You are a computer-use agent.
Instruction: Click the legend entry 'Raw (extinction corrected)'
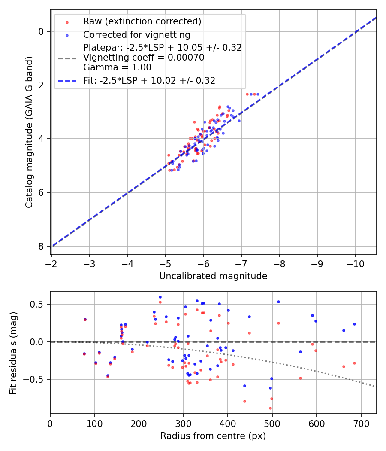pyautogui.click(x=142, y=21)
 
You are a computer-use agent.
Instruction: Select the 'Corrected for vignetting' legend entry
pyautogui.click(x=136, y=34)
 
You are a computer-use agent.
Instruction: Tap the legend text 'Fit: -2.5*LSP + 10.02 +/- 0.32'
pyautogui.click(x=149, y=80)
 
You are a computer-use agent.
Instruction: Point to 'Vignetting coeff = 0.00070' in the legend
pyautogui.click(x=144, y=57)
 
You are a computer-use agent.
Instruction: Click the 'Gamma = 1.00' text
pyautogui.click(x=117, y=67)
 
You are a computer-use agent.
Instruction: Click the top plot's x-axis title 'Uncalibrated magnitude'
pyautogui.click(x=213, y=276)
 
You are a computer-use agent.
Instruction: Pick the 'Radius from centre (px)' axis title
pyautogui.click(x=213, y=436)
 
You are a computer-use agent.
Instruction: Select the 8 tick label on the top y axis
pyautogui.click(x=41, y=246)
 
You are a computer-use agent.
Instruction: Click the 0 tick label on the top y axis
pyautogui.click(x=41, y=31)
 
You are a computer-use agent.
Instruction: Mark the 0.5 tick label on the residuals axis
pyautogui.click(x=38, y=304)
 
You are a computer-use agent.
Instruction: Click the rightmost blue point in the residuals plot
pyautogui.click(x=354, y=324)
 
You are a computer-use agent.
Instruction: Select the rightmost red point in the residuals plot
pyautogui.click(x=354, y=363)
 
